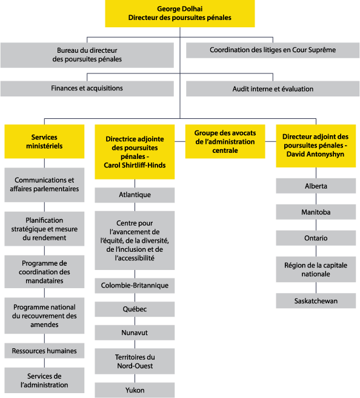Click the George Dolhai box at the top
coord(179,13)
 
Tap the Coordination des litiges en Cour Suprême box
coord(273,50)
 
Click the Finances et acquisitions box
coord(87,89)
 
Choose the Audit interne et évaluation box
coord(273,89)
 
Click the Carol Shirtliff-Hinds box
coord(135,152)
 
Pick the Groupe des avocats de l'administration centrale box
coord(225,141)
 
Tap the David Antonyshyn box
coord(316,146)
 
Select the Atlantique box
coord(135,195)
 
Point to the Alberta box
coord(316,186)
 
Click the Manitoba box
coord(316,212)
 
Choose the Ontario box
coord(316,238)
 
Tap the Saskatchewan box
coord(316,301)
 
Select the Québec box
coord(135,309)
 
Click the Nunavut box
coord(135,333)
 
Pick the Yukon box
coord(135,390)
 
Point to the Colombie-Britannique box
coord(135,286)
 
